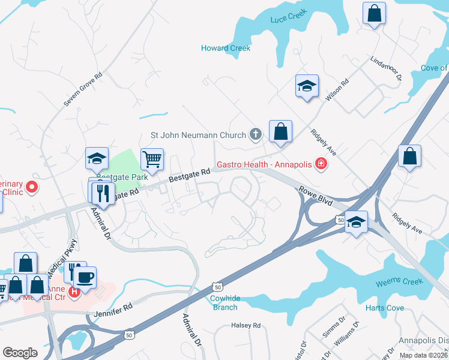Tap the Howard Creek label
[226, 48]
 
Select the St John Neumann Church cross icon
[256, 134]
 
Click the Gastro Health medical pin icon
[321, 163]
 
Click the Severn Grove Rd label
[83, 90]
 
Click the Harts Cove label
[385, 308]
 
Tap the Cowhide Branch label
[226, 302]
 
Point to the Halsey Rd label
[246, 326]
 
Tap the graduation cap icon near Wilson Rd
[306, 86]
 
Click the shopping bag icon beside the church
[280, 131]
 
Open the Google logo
[20, 353]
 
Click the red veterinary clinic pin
[30, 187]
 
